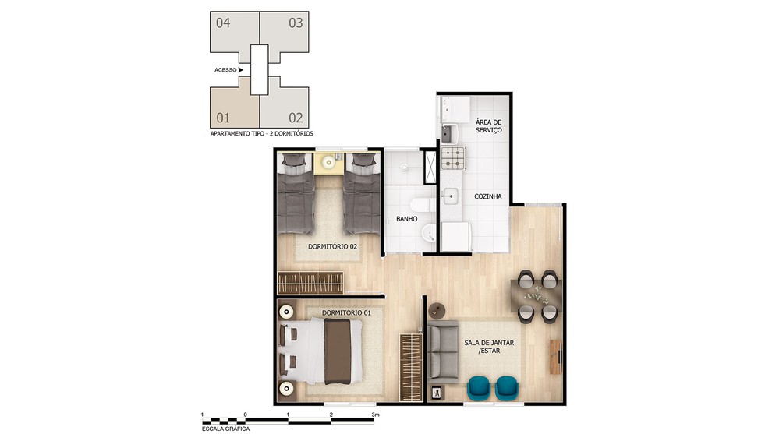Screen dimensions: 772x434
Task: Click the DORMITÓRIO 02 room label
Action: point(332,246)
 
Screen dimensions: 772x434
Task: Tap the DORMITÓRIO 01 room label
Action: point(346,312)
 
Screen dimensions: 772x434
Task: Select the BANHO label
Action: point(407,219)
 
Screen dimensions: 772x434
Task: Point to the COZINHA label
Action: point(488,196)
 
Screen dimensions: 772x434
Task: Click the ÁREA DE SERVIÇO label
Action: point(488,126)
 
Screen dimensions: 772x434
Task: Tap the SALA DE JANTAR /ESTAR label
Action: point(489,347)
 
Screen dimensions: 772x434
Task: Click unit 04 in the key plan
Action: point(235,31)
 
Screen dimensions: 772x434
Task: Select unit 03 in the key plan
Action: point(285,31)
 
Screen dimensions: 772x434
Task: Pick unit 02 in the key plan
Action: point(285,108)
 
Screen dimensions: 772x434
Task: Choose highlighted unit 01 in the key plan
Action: point(235,108)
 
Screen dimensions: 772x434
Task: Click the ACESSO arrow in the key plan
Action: point(241,70)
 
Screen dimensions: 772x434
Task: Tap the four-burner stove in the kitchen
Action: point(453,158)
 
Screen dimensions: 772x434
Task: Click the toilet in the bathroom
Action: point(422,205)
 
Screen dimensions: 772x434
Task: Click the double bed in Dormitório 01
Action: point(320,351)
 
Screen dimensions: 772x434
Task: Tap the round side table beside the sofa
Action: point(437,310)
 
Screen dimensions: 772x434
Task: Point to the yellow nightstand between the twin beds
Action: point(328,163)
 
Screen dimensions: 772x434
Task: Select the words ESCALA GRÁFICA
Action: point(225,429)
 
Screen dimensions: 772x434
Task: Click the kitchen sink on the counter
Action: point(450,196)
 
